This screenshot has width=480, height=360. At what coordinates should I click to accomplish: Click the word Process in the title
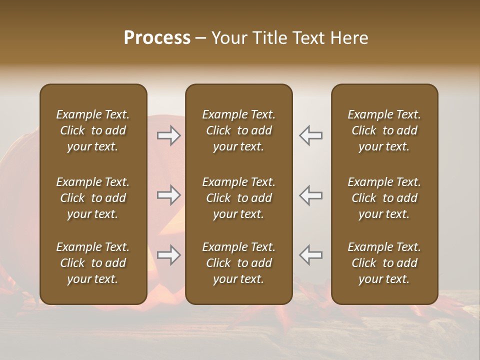(157, 38)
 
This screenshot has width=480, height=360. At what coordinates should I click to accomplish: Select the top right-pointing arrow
(169, 135)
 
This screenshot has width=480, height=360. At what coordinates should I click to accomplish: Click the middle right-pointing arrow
(169, 195)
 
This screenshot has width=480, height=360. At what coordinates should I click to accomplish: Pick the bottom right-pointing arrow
(169, 255)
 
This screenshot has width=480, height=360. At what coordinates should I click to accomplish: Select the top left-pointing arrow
(311, 135)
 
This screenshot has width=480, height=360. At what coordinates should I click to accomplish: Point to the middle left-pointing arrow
(311, 195)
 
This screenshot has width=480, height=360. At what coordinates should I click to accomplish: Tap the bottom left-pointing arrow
(311, 255)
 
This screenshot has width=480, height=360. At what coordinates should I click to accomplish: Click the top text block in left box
(93, 130)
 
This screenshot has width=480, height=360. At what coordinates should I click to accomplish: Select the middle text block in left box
(93, 198)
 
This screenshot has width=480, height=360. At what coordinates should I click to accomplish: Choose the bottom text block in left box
(93, 263)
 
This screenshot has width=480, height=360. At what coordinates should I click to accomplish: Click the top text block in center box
(239, 130)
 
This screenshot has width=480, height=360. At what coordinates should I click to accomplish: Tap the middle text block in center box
(239, 198)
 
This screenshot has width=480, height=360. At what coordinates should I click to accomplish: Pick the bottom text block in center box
(239, 263)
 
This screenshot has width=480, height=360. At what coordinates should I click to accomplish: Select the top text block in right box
(384, 130)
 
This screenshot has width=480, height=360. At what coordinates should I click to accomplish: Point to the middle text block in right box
(384, 198)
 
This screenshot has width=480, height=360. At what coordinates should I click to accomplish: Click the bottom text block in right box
(384, 263)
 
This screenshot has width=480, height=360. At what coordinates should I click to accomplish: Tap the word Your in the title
(229, 38)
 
